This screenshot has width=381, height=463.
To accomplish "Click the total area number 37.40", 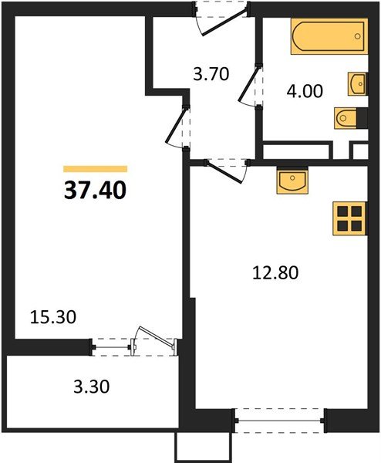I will click(x=95, y=188).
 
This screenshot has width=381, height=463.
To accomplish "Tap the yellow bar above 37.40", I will click(x=95, y=168).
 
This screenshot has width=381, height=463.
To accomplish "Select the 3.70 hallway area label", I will click(x=211, y=75).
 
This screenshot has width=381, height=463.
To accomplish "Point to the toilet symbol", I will click(x=349, y=117).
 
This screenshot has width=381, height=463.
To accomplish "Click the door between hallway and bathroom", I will click(x=251, y=86).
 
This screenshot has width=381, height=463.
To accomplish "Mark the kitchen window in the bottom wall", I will click(x=279, y=421).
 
